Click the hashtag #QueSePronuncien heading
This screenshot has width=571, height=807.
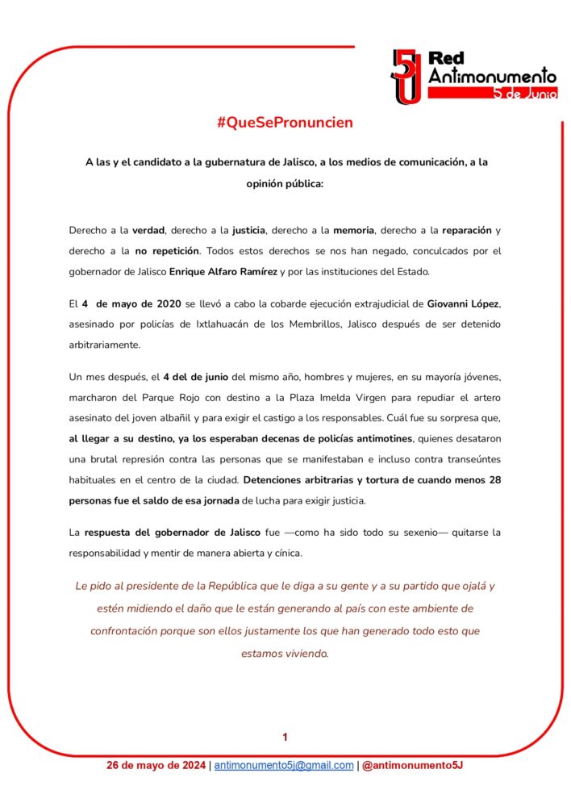pos(285,123)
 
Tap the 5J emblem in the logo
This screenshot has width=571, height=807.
pos(405,76)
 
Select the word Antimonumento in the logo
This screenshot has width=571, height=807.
pos(491,76)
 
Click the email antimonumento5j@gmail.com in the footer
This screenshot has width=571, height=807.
pos(284,765)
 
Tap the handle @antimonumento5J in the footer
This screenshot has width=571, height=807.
pos(412,765)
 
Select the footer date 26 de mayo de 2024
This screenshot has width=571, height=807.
pos(156,765)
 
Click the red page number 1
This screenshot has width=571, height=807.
pos(285,737)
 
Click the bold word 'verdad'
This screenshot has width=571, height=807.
pos(151,230)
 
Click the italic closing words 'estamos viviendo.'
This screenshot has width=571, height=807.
pos(285,654)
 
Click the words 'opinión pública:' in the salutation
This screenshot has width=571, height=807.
pos(285,183)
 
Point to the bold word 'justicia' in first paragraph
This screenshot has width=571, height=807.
pos(244,230)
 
